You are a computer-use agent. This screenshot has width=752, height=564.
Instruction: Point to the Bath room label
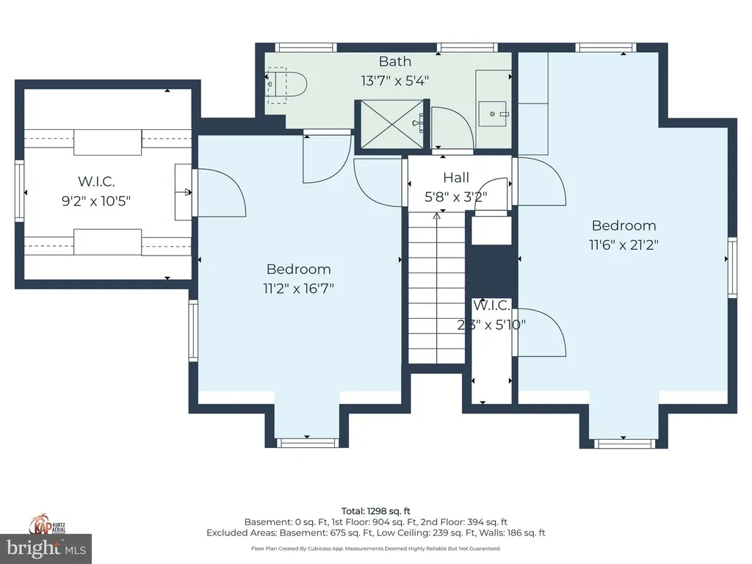[395, 62]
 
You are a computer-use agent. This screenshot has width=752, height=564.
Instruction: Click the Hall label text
[456, 178]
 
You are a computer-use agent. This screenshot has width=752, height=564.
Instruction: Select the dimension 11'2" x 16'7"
[299, 289]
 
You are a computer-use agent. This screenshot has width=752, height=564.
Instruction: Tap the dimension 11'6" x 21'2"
[623, 245]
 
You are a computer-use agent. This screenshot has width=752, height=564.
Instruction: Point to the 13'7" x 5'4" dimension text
[395, 80]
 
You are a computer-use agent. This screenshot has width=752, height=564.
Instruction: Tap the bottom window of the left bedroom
[307, 443]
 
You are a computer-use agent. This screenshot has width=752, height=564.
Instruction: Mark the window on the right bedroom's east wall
[732, 267]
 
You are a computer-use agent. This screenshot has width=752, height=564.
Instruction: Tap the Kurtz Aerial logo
[46, 523]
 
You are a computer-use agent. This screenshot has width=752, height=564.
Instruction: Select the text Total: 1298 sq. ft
[375, 510]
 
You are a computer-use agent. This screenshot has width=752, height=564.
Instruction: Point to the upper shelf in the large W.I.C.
[107, 142]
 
